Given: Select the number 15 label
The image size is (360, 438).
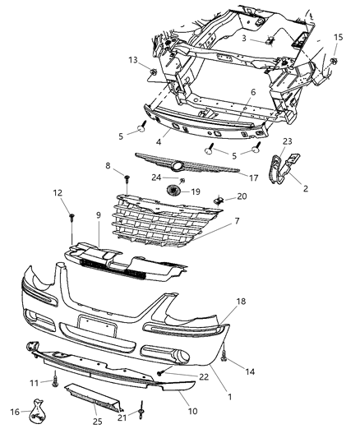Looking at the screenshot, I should point(339,38).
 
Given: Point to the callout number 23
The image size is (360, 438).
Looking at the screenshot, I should point(287,141).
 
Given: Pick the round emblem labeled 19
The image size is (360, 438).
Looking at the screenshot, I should point(173,191).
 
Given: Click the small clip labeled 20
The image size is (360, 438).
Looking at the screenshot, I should point(219,197).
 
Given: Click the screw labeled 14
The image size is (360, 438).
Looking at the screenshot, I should point(224,355).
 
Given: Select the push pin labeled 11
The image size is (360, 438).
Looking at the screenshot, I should point(55,380).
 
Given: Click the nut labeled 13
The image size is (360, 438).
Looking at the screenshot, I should point(154,75).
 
